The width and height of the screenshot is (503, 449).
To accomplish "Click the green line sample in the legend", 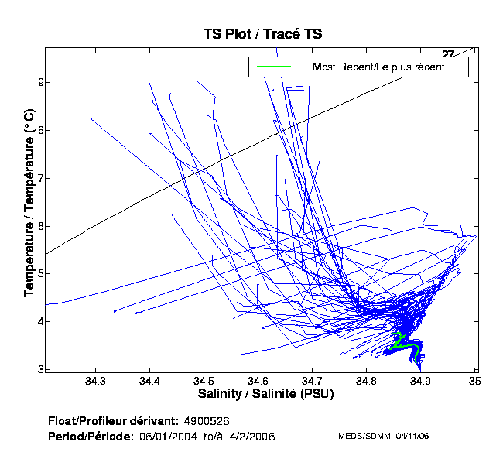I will point(273,67).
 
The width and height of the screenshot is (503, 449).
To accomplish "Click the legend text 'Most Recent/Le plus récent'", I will point(378,67).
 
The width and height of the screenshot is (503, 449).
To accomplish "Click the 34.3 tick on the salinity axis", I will point(95,381).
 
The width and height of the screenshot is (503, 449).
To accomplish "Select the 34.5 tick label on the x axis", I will point(204,381).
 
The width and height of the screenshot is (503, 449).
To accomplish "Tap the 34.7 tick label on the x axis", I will point(312,381).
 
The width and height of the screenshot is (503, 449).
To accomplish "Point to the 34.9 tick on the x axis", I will point(420,381).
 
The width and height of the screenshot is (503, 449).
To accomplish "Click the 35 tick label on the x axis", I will point(474,381).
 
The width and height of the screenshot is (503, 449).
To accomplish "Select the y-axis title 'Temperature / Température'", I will point(29,201).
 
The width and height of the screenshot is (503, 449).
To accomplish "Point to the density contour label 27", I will point(448,53).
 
